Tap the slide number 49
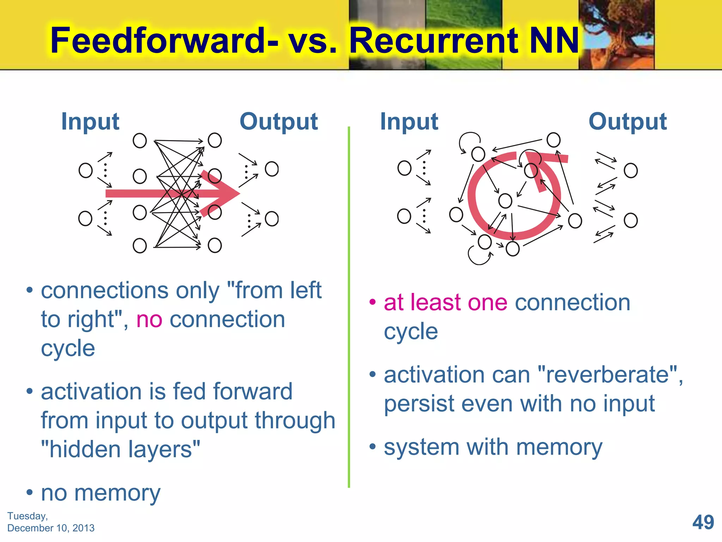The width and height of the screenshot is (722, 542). [x=703, y=522]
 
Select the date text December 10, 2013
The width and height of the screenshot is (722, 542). [x=51, y=528]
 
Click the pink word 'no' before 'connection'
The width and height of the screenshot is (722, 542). [x=149, y=319]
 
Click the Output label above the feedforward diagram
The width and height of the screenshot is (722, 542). [x=279, y=121]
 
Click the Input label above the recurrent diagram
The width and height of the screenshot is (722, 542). [x=409, y=121]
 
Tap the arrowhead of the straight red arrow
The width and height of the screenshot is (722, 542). [x=222, y=193]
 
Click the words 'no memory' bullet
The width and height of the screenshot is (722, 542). [x=100, y=493]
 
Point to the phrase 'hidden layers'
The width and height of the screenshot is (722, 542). [x=121, y=449]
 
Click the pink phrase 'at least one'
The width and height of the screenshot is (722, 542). [x=446, y=302]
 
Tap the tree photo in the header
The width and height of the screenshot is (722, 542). [x=617, y=34]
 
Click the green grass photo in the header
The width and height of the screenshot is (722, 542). [x=464, y=34]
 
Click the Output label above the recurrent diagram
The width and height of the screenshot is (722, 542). [x=628, y=121]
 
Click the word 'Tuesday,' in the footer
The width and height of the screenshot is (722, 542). [x=27, y=516]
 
